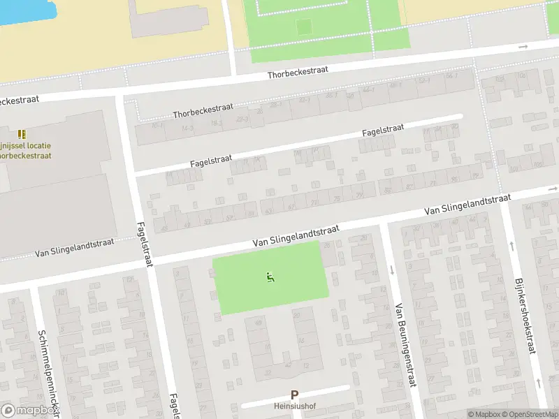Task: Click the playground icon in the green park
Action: pos(270,277)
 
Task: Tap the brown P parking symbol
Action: pos(294,395)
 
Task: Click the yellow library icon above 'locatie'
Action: pos(22,133)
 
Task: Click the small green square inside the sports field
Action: pos(303,27)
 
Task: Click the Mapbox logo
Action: pos(28,411)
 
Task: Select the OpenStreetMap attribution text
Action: pos(528,414)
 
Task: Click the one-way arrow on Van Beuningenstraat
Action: pos(392,270)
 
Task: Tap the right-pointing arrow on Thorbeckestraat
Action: pos(523,47)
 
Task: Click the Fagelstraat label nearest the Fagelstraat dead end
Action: pos(384,131)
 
